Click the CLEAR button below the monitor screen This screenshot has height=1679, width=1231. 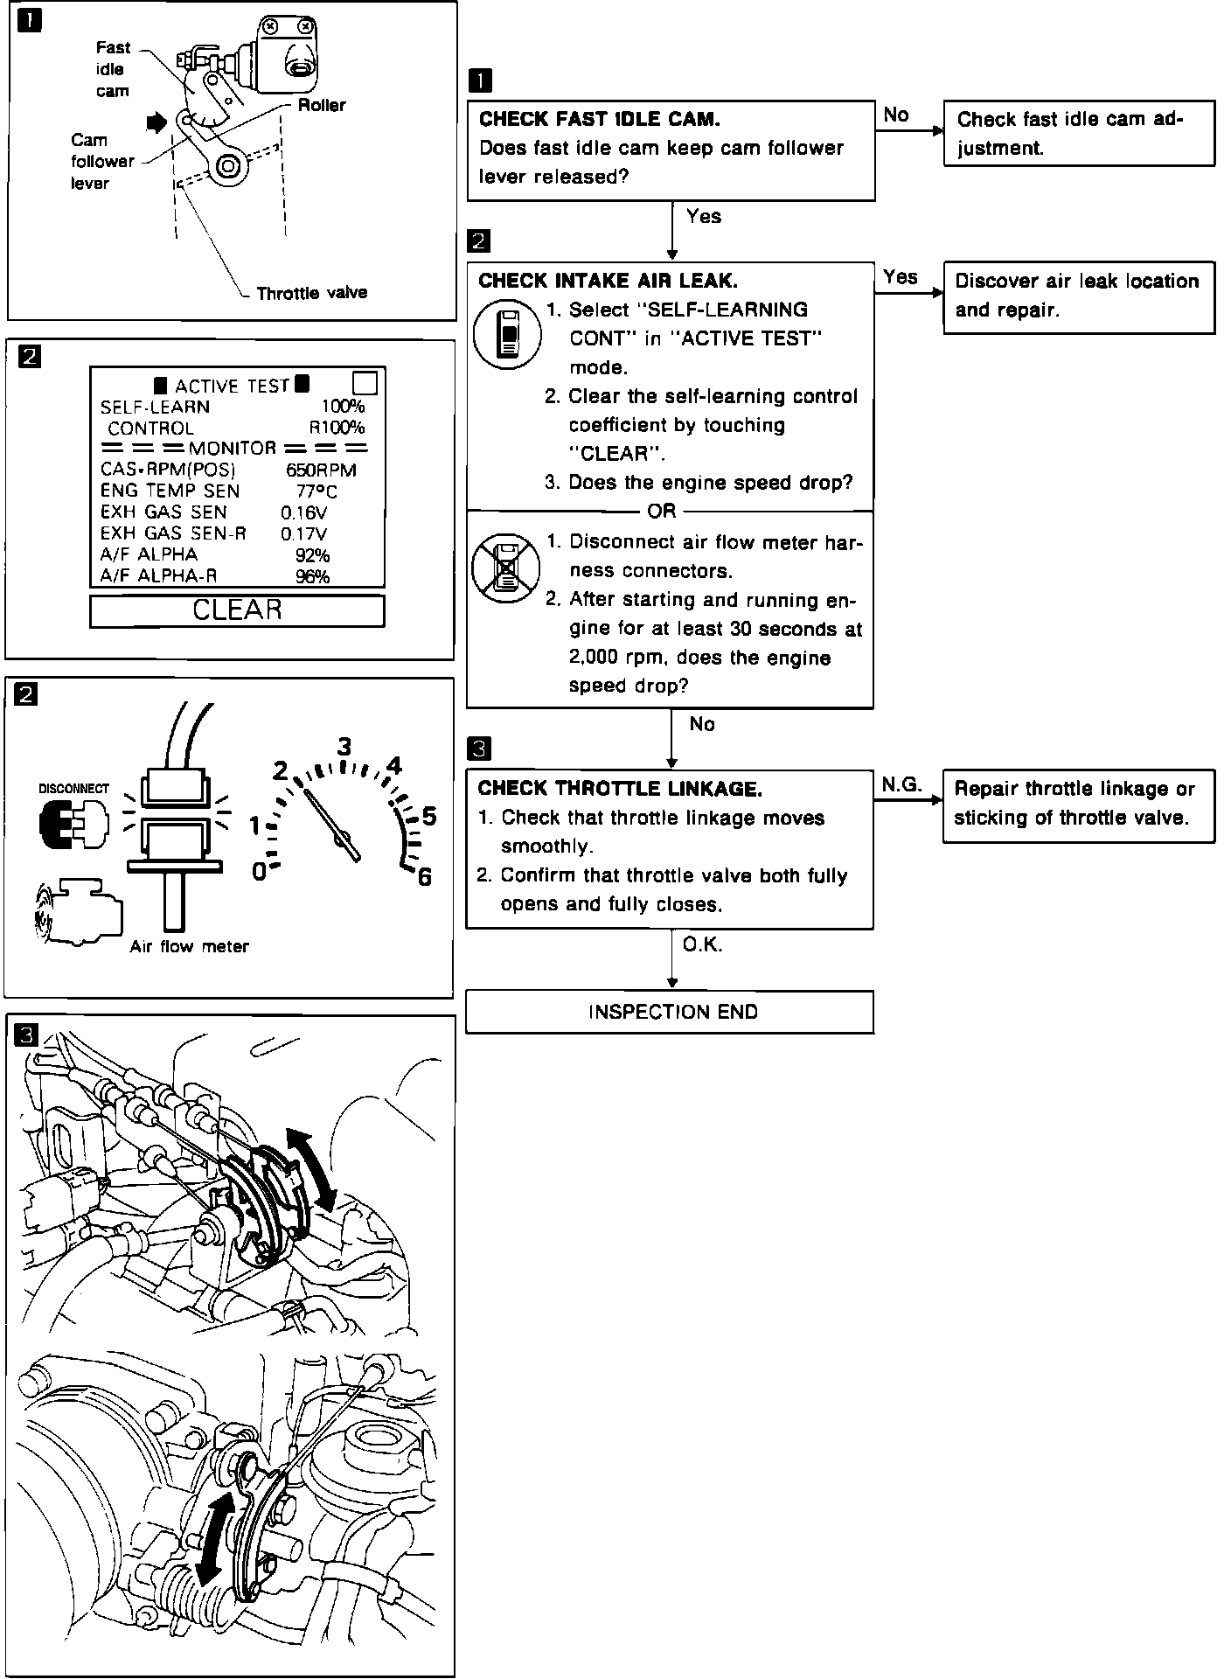tap(237, 610)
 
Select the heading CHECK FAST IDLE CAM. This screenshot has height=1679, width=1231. tap(600, 119)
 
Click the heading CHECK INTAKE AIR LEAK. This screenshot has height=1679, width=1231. tap(608, 281)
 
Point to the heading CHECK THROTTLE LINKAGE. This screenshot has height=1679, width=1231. tap(620, 789)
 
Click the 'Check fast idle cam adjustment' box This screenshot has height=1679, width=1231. tap(1079, 133)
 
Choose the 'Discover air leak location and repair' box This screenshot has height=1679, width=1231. tap(1079, 296)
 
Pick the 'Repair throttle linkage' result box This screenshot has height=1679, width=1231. tap(1078, 805)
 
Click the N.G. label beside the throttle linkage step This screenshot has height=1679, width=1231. tap(901, 784)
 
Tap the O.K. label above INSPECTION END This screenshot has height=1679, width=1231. tap(702, 945)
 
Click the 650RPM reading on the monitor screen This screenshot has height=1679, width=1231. tap(321, 470)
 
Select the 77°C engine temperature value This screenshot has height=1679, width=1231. tap(316, 491)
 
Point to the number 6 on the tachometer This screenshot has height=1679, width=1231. tap(425, 876)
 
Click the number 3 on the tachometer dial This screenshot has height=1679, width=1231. tap(344, 746)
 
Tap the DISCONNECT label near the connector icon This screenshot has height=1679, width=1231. tap(73, 788)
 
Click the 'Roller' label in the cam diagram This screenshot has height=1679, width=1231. tap(321, 105)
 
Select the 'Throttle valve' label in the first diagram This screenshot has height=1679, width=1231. tap(311, 293)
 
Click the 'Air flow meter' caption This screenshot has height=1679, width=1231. tap(189, 946)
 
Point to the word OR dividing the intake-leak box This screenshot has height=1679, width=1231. tap(662, 511)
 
